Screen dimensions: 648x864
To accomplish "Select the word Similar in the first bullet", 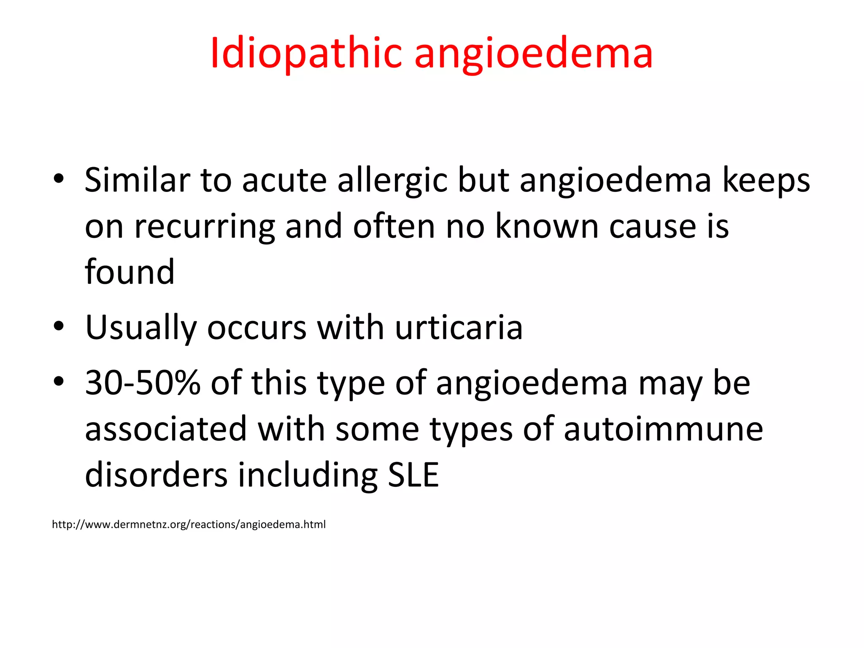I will (137, 180).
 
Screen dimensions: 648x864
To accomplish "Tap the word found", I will (130, 272).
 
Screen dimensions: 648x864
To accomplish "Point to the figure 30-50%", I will (143, 383).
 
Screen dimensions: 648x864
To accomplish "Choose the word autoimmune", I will (663, 429).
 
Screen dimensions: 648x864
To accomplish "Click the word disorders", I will (156, 475).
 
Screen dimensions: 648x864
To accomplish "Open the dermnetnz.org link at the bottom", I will (189, 524).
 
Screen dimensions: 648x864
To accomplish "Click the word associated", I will (166, 429).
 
